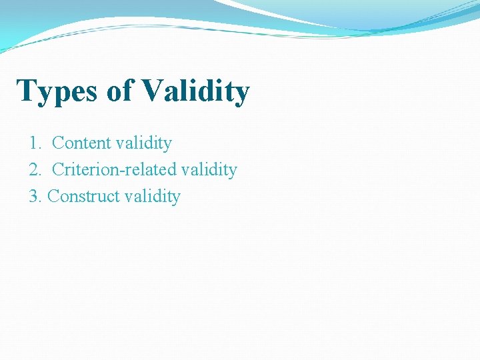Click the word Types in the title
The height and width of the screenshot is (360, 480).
57,91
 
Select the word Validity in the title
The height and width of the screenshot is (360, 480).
195,91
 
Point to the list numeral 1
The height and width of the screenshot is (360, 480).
34,143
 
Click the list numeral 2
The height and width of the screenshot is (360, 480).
34,170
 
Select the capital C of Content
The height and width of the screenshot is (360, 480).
57,143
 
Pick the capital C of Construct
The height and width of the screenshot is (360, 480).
54,197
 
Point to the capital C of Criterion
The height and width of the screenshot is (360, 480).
57,170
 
